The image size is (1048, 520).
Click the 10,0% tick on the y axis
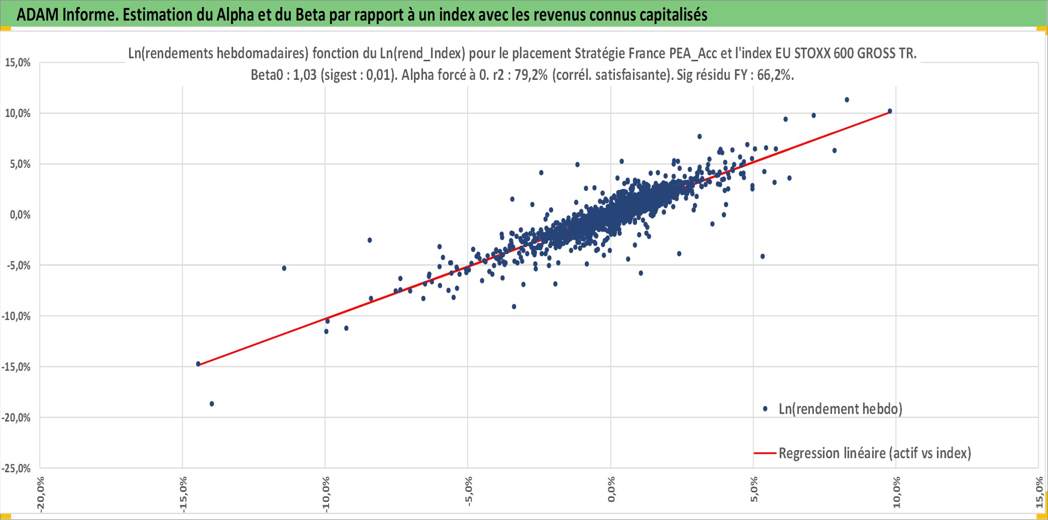(x=18, y=113)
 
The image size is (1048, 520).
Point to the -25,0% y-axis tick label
(x=16, y=468)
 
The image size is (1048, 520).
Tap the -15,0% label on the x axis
(x=183, y=494)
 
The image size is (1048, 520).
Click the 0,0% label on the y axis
(x=20, y=215)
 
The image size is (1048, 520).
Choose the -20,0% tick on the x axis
(x=40, y=494)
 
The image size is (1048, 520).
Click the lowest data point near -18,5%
(x=212, y=404)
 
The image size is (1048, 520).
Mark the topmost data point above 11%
(x=847, y=100)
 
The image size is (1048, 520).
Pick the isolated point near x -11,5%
(x=284, y=268)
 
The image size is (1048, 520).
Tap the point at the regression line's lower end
(x=198, y=364)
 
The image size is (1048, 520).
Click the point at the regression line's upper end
(x=890, y=111)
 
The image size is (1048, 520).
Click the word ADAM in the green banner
(x=38, y=15)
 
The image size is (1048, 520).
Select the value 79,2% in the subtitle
(x=531, y=75)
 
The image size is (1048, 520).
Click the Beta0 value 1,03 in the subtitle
(x=304, y=75)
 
